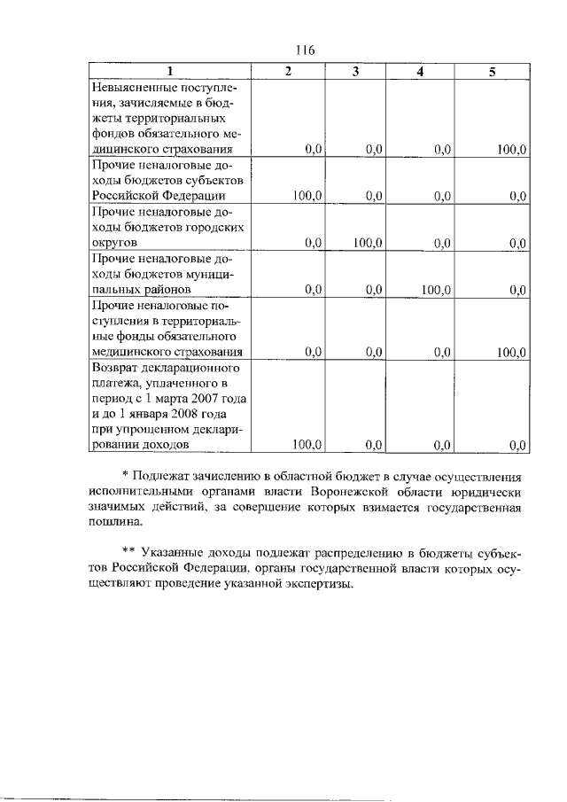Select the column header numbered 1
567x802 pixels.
[170, 72]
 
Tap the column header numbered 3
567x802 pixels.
[354, 72]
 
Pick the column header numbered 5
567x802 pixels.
[492, 72]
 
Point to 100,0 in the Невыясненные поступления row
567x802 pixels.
[512, 151]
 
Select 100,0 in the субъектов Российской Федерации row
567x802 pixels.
[306, 197]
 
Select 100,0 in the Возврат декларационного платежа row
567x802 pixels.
[306, 445]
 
